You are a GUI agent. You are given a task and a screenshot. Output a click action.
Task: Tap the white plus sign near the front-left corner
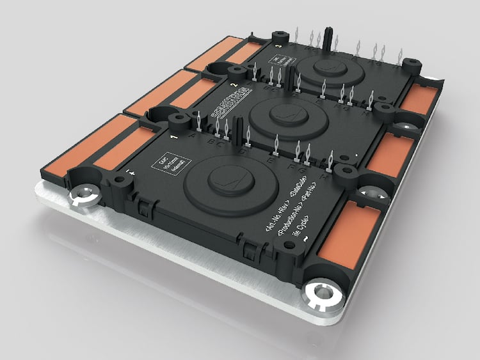[x=131, y=171]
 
